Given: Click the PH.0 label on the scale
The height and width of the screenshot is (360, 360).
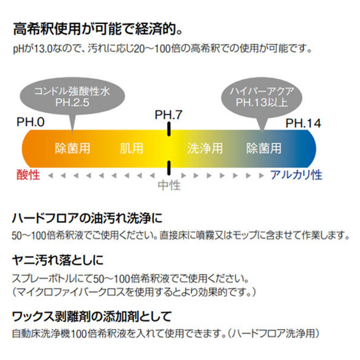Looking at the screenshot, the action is coord(31,122).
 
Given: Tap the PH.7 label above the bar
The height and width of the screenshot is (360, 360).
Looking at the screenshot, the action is coord(169,115).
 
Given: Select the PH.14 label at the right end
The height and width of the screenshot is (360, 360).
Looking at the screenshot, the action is coord(303,123).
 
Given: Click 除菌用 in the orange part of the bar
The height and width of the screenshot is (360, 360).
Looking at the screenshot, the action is coord(72,148).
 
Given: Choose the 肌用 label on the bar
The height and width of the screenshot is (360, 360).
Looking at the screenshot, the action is coord(132,148).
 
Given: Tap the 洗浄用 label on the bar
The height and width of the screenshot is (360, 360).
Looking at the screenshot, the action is coord(205,148).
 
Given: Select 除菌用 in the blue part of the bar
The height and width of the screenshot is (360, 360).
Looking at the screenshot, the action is coord(264,148).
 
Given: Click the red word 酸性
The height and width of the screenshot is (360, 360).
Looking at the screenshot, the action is coord(28,175).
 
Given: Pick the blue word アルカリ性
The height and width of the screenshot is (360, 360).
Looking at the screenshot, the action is coord(296,175).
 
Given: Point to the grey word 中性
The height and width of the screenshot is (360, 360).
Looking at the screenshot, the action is coord(169,185).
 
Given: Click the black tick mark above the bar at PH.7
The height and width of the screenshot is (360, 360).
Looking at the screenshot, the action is coord(169,129).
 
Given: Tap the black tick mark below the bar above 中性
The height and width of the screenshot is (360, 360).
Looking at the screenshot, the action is coord(169,168).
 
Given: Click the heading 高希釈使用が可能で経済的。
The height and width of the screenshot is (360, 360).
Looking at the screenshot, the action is coord(98,29).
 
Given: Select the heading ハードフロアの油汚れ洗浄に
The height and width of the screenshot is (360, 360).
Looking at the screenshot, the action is coord(87,218).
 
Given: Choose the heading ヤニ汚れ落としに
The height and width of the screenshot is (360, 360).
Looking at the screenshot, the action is coord(58,260).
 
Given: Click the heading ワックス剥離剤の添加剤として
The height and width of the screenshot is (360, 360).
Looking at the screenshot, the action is coord(92,316).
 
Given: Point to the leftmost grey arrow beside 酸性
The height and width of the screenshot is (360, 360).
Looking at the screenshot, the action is coord(51,176).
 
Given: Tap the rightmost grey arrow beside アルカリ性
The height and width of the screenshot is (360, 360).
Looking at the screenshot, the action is coord(261,176).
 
